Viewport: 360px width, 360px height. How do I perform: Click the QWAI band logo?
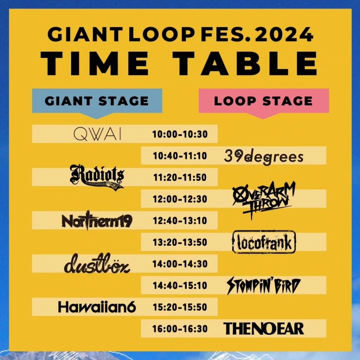click(97, 134)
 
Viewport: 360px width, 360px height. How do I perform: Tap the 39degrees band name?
click(264, 156)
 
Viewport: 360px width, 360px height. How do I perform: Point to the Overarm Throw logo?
click(264, 199)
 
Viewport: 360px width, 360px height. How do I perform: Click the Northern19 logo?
click(97, 221)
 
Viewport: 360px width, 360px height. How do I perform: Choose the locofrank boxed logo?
click(264, 242)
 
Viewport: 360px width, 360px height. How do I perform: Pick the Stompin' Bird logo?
click(264, 285)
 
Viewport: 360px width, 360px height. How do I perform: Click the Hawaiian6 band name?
click(97, 307)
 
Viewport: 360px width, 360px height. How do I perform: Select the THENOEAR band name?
click(264, 329)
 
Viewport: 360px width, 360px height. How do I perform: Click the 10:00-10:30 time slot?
click(180, 134)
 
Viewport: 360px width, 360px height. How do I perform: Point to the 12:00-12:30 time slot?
click(180, 199)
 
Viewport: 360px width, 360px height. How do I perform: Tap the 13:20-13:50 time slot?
click(180, 242)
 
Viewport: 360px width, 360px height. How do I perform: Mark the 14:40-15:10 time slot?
click(180, 285)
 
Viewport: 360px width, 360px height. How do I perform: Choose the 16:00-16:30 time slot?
click(180, 329)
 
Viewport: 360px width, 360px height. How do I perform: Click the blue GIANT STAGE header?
click(97, 101)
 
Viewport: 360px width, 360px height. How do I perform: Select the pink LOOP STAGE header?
click(264, 101)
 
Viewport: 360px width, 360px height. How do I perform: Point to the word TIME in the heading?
click(95, 63)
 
